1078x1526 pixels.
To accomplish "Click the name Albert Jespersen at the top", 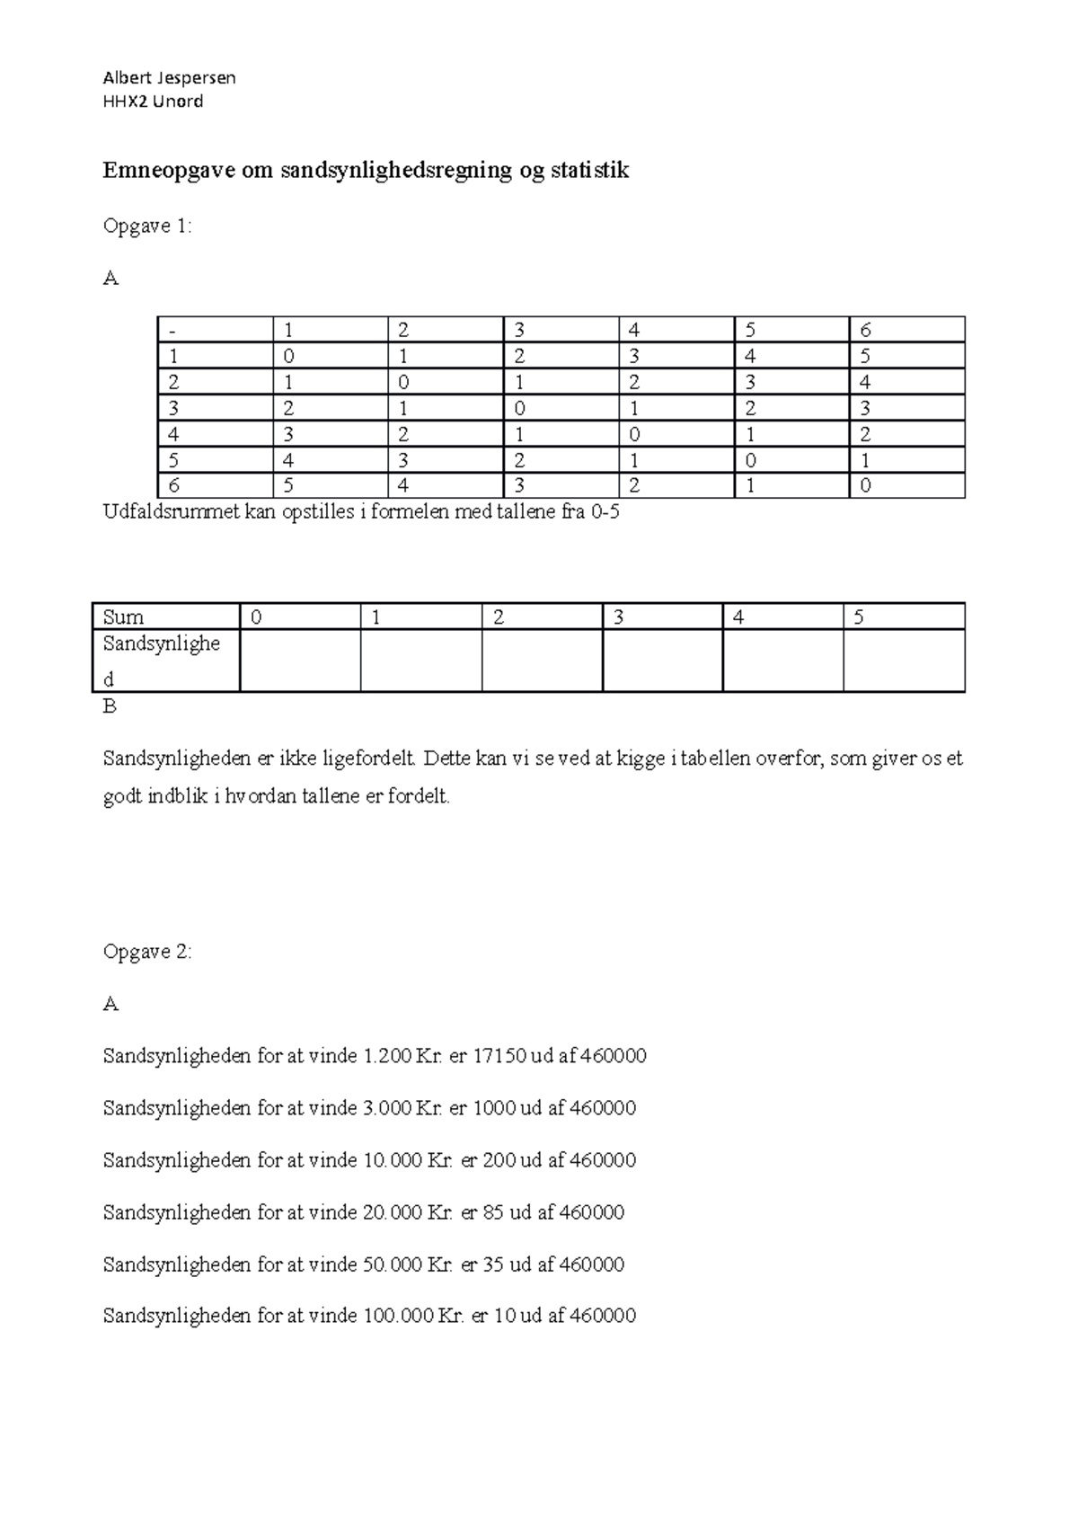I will coord(169,77).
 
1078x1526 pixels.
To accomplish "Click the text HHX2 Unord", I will coord(154,102).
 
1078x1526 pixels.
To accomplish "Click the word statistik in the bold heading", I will coord(589,170).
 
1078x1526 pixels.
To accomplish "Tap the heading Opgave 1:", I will coord(147,226).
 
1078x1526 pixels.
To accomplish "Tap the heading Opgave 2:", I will coord(147,952).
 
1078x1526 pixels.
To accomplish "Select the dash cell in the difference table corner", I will coord(215,330).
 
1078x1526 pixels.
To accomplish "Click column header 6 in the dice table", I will coord(906,330).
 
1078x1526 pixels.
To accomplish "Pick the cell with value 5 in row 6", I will coord(330,486).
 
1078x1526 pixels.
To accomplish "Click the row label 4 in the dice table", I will coord(215,434).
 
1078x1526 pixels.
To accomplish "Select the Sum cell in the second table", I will coord(166,617).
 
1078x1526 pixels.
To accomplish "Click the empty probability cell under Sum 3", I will coord(662,661).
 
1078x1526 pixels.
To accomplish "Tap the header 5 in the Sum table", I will coord(903,617).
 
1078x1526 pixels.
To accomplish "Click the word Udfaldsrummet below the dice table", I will coord(165,514).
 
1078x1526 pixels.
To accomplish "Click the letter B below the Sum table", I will coord(110,706).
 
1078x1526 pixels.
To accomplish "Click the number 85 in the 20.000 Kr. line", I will coord(494,1212).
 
